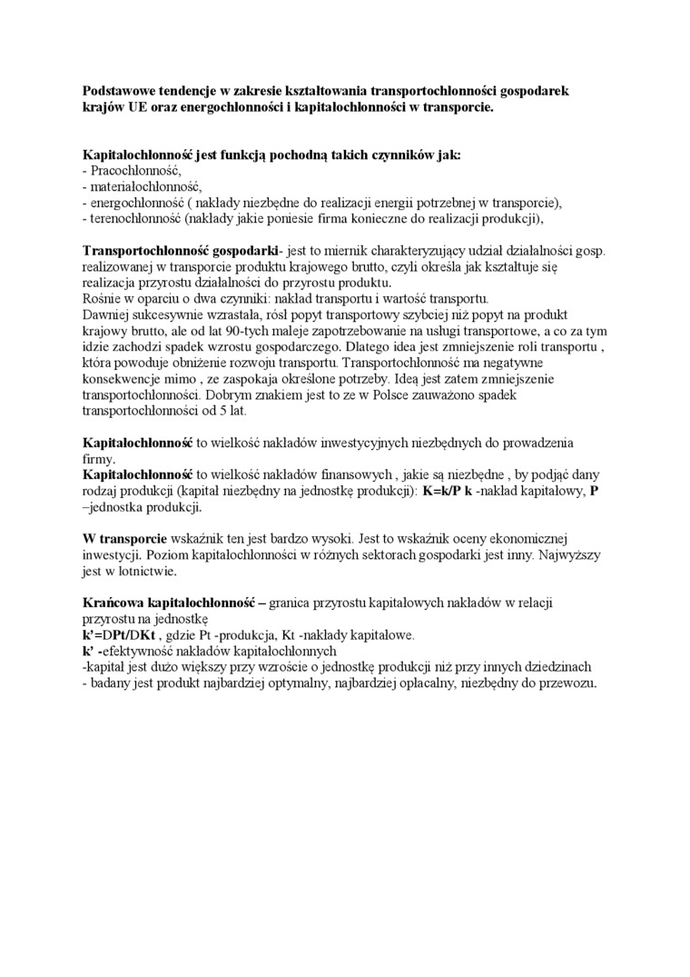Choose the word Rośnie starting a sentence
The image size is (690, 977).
coord(101,298)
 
